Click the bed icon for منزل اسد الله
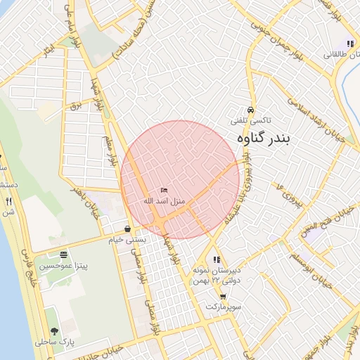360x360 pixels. (x=164, y=191)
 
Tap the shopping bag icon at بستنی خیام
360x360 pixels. (x=127, y=229)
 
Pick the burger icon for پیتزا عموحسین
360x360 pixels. (x=64, y=255)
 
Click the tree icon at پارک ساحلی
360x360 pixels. (x=54, y=330)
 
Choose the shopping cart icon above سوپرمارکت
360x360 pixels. (x=223, y=297)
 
